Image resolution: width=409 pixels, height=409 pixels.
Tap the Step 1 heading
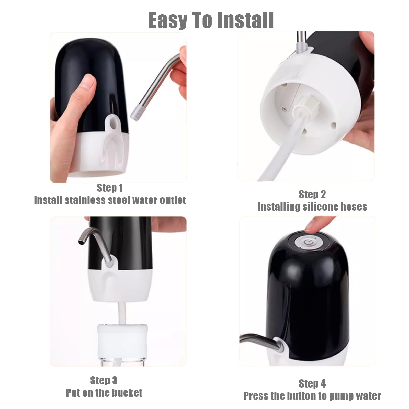[x=110, y=188]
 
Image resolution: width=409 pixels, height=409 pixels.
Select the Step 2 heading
[x=312, y=195]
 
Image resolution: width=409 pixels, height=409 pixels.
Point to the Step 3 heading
[x=104, y=381]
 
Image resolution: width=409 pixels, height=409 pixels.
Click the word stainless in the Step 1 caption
[x=85, y=200]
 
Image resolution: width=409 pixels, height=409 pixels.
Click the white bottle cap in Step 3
[x=122, y=339]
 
